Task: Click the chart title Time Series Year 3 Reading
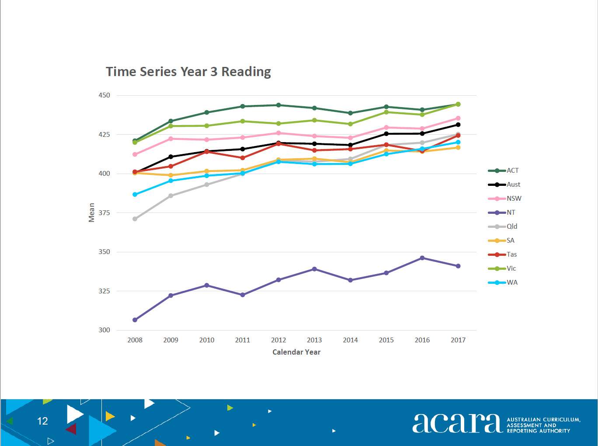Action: (188, 72)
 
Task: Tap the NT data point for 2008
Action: (135, 320)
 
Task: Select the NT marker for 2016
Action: (422, 258)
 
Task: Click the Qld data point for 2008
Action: (135, 219)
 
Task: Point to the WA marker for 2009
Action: (171, 181)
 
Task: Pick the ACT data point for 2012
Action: (278, 105)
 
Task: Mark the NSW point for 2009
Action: (171, 139)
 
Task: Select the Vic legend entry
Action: (502, 268)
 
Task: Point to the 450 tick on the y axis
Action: (104, 95)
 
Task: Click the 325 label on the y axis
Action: (104, 291)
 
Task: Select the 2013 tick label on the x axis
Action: (314, 340)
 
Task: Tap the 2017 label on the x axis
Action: (458, 340)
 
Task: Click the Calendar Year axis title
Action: (296, 352)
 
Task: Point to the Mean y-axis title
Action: (92, 213)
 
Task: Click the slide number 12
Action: (42, 421)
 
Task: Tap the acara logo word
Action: (456, 423)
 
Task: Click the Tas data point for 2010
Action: (207, 151)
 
